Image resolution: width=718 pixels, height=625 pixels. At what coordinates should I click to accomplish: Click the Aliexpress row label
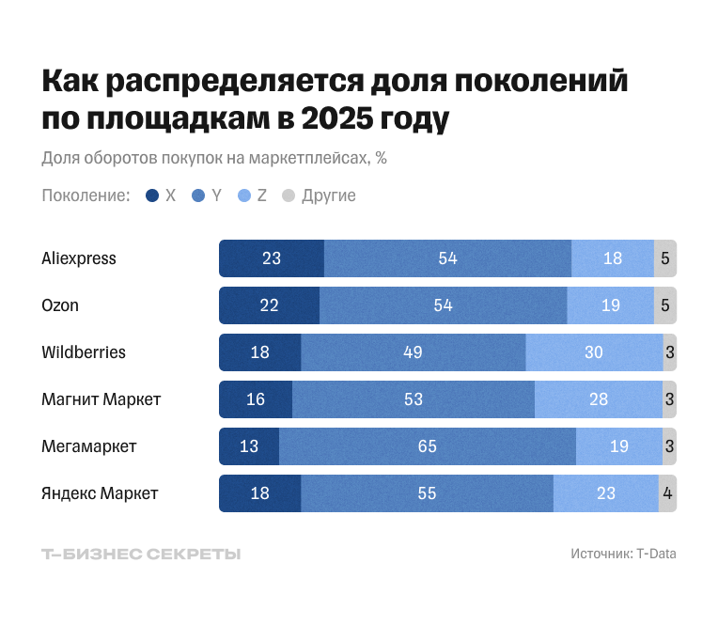point(79,258)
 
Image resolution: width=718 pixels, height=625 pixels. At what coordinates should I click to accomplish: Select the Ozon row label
point(60,305)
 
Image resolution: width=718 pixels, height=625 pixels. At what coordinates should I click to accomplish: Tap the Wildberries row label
point(84,352)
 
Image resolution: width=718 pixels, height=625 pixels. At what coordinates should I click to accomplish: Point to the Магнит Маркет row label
point(101,399)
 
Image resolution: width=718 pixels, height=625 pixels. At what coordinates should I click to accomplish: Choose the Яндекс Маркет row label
point(100,493)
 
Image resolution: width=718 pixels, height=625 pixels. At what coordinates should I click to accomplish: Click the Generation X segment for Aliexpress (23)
point(272,258)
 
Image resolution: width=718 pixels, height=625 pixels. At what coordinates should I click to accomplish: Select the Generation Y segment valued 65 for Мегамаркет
point(428,446)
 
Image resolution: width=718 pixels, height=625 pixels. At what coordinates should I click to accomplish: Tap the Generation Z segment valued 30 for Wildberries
point(594,352)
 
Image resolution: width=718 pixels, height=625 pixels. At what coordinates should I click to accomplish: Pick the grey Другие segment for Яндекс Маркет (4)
point(667,493)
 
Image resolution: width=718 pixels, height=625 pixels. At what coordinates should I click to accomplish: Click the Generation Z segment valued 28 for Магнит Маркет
point(599,399)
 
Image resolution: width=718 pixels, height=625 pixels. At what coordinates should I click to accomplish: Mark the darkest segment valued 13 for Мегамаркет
point(249,446)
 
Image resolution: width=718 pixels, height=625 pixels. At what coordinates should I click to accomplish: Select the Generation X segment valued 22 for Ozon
point(270,305)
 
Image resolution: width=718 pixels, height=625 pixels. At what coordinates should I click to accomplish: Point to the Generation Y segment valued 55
point(427,493)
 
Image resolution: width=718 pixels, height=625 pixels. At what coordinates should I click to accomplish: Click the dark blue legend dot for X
point(152,196)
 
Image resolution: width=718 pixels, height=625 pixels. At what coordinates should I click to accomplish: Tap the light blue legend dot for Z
point(244,196)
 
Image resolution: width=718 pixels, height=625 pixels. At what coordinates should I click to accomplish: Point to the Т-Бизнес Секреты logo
point(141,554)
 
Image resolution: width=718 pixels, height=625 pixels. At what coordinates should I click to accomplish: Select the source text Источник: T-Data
point(623,554)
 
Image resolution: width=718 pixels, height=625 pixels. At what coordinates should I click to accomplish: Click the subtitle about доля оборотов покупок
point(214,158)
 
